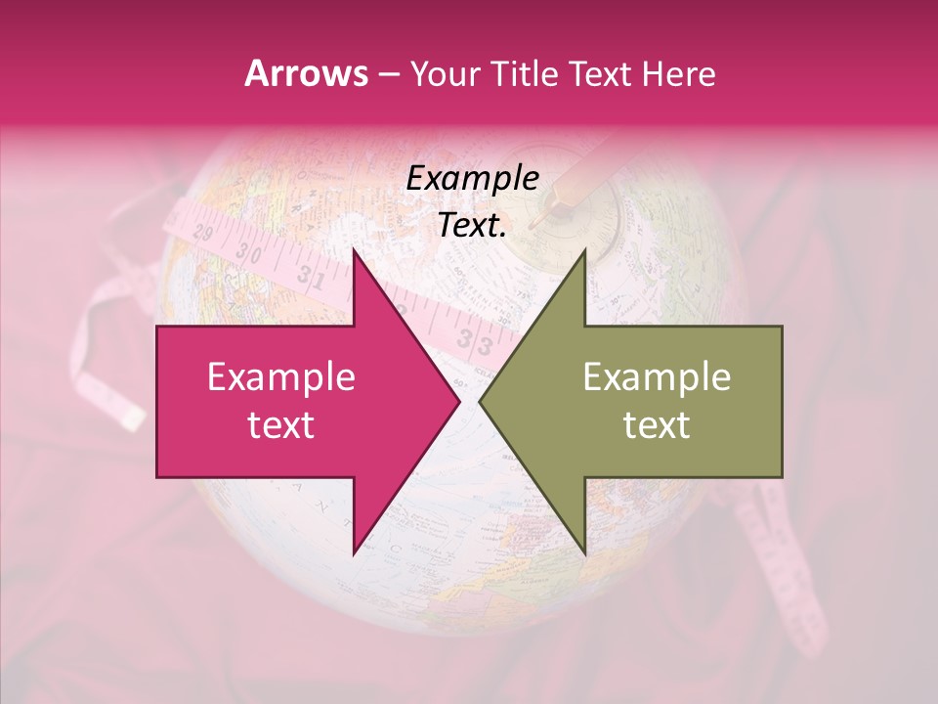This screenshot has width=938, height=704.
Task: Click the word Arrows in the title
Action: click(x=306, y=73)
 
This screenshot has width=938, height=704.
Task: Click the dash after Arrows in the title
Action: click(x=388, y=74)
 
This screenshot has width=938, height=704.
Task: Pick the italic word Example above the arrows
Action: click(x=472, y=179)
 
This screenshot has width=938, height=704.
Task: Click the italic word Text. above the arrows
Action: click(x=472, y=225)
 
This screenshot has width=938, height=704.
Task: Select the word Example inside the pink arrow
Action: click(x=280, y=377)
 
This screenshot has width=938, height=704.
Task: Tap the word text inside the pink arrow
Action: click(x=280, y=425)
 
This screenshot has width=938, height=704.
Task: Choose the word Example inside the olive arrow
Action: click(x=657, y=377)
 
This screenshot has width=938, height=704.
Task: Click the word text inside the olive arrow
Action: click(x=657, y=425)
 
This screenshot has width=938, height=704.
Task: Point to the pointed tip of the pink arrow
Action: click(x=459, y=402)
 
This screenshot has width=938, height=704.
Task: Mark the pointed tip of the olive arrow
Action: click(x=480, y=402)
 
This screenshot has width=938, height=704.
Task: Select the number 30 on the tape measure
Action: click(x=250, y=253)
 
